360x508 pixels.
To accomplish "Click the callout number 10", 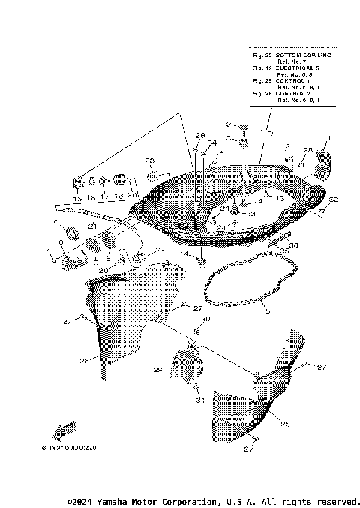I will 54,222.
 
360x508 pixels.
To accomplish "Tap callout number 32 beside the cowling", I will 334,200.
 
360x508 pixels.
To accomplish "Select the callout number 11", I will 326,138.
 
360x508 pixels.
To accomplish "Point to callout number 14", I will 183,254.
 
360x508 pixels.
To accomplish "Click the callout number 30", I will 206,320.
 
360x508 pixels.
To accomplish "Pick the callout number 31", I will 200,401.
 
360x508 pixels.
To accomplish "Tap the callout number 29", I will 157,370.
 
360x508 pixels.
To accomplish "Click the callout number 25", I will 285,424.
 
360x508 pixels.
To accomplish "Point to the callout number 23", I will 150,161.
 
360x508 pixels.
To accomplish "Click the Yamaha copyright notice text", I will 214,500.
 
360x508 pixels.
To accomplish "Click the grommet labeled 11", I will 322,160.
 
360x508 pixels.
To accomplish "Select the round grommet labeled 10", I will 73,233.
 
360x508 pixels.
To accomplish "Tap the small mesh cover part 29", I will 187,367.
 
